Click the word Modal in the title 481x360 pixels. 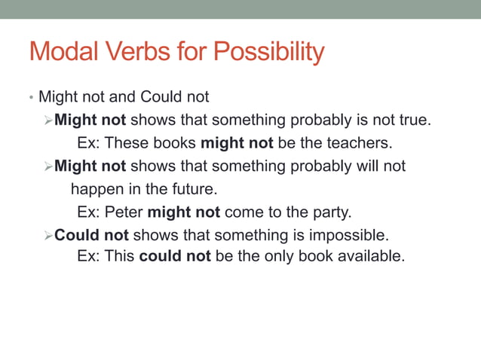(62, 53)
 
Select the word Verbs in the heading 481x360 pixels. (138, 53)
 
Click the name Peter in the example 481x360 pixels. (124, 212)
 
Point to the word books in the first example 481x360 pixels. (173, 142)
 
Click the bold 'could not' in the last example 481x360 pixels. (174, 256)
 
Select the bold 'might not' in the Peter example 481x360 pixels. (183, 212)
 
